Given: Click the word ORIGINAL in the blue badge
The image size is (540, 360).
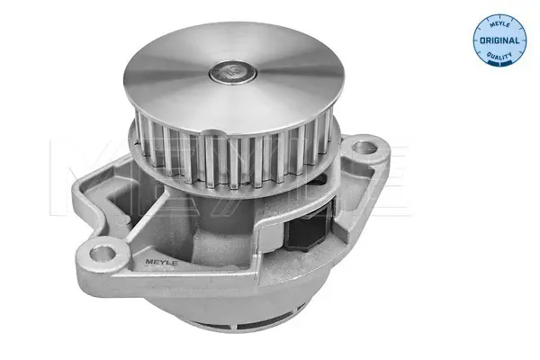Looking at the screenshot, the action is (499, 40).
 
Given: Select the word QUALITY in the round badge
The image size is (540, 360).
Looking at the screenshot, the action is (499, 55).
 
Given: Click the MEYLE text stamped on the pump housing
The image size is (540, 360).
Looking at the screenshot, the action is (161, 263).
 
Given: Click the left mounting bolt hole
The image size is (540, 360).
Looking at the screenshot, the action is (102, 254).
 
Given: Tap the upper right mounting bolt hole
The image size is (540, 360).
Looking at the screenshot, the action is (364, 148).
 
